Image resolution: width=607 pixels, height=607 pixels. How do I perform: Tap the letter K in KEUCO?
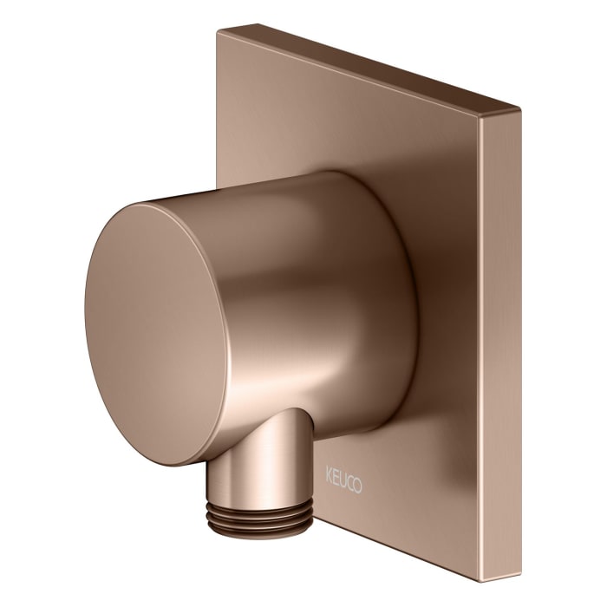pos(329,475)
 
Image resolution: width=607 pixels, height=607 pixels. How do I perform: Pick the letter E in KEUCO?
pos(336,476)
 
